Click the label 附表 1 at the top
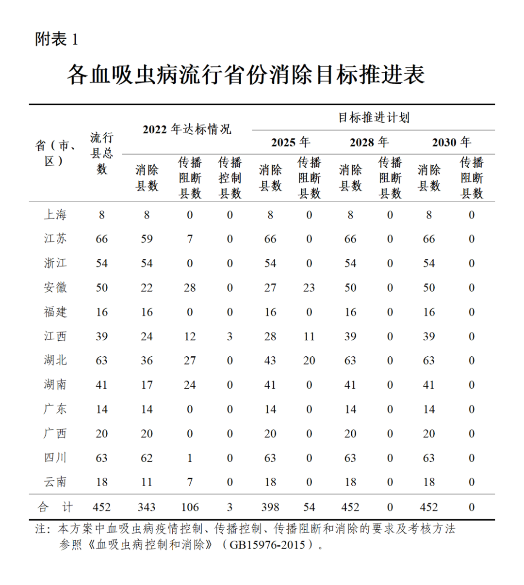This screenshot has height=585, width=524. tap(56, 39)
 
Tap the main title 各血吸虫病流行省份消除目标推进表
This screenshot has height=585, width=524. tap(246, 75)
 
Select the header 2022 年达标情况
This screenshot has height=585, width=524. tap(187, 129)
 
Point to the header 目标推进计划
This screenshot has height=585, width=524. tap(374, 117)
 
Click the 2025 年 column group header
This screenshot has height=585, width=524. tap(290, 142)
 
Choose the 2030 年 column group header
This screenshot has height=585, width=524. tap(451, 142)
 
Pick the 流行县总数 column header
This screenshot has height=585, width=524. tap(101, 153)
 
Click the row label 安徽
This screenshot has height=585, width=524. tap(55, 287)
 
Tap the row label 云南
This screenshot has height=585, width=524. tap(55, 482)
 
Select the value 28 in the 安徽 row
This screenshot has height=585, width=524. tap(190, 288)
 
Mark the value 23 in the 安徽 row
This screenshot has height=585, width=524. tap(309, 288)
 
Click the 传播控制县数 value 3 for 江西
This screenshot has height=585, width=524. tap(229, 336)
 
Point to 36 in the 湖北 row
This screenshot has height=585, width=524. tap(147, 361)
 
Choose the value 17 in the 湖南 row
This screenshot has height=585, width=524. tap(147, 385)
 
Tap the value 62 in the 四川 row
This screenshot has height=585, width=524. tap(147, 458)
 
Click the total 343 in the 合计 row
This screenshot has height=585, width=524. tap(147, 507)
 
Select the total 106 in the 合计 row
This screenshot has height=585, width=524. tap(190, 507)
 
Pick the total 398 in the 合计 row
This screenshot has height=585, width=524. tap(270, 507)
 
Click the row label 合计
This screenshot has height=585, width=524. tap(55, 507)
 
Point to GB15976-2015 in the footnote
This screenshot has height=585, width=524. tap(267, 544)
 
